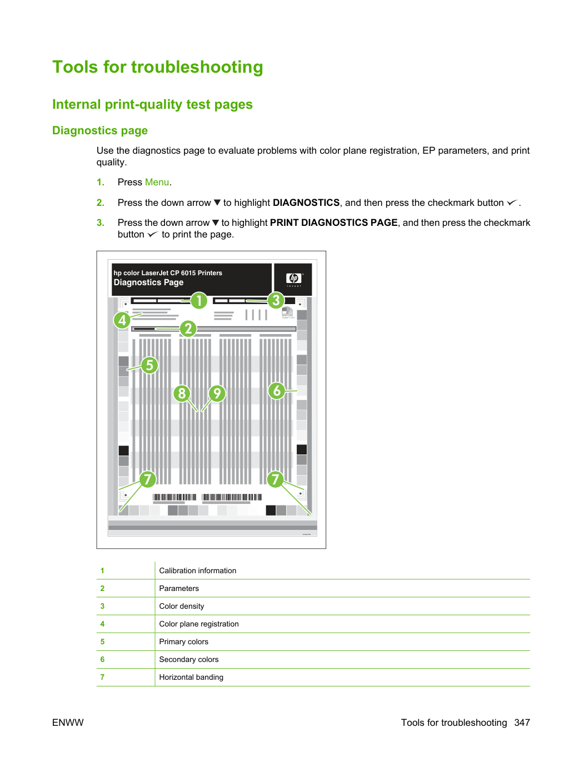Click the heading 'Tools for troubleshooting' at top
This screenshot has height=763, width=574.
157,67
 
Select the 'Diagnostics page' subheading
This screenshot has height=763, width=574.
100,130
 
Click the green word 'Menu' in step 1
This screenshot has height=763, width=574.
157,182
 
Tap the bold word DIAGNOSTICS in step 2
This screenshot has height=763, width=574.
306,203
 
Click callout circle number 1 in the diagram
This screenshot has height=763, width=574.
199,301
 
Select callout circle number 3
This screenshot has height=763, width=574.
276,300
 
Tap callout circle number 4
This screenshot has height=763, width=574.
122,320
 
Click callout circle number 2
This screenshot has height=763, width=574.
188,329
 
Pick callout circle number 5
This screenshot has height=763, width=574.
149,365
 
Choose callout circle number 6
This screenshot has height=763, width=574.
277,391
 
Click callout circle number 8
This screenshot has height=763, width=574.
182,393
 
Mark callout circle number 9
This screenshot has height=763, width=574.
217,393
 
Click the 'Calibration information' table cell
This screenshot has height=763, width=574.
197,570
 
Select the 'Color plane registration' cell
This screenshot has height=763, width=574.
199,624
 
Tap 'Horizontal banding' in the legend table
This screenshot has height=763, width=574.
191,677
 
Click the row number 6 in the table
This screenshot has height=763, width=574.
102,659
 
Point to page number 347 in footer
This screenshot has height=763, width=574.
522,722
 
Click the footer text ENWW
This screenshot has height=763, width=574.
68,722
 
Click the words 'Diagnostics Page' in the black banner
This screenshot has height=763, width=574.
148,282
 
